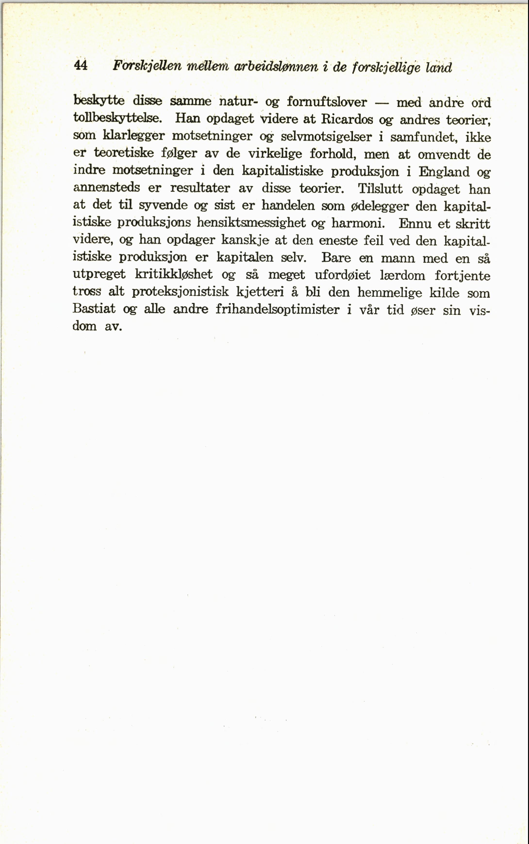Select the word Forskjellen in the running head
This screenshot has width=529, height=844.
coord(147,66)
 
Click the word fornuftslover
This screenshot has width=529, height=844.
coord(327,102)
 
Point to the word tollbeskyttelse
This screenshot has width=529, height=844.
coord(117,118)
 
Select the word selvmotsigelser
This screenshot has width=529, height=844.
coord(326,136)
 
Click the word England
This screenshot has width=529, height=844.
coord(444,172)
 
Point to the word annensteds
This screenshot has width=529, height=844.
coord(106,188)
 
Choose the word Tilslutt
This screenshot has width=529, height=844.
coord(380,189)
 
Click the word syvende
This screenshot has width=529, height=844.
coord(163,205)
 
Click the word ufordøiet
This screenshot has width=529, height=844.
coord(343,275)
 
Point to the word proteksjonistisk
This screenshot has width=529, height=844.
coord(180,292)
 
